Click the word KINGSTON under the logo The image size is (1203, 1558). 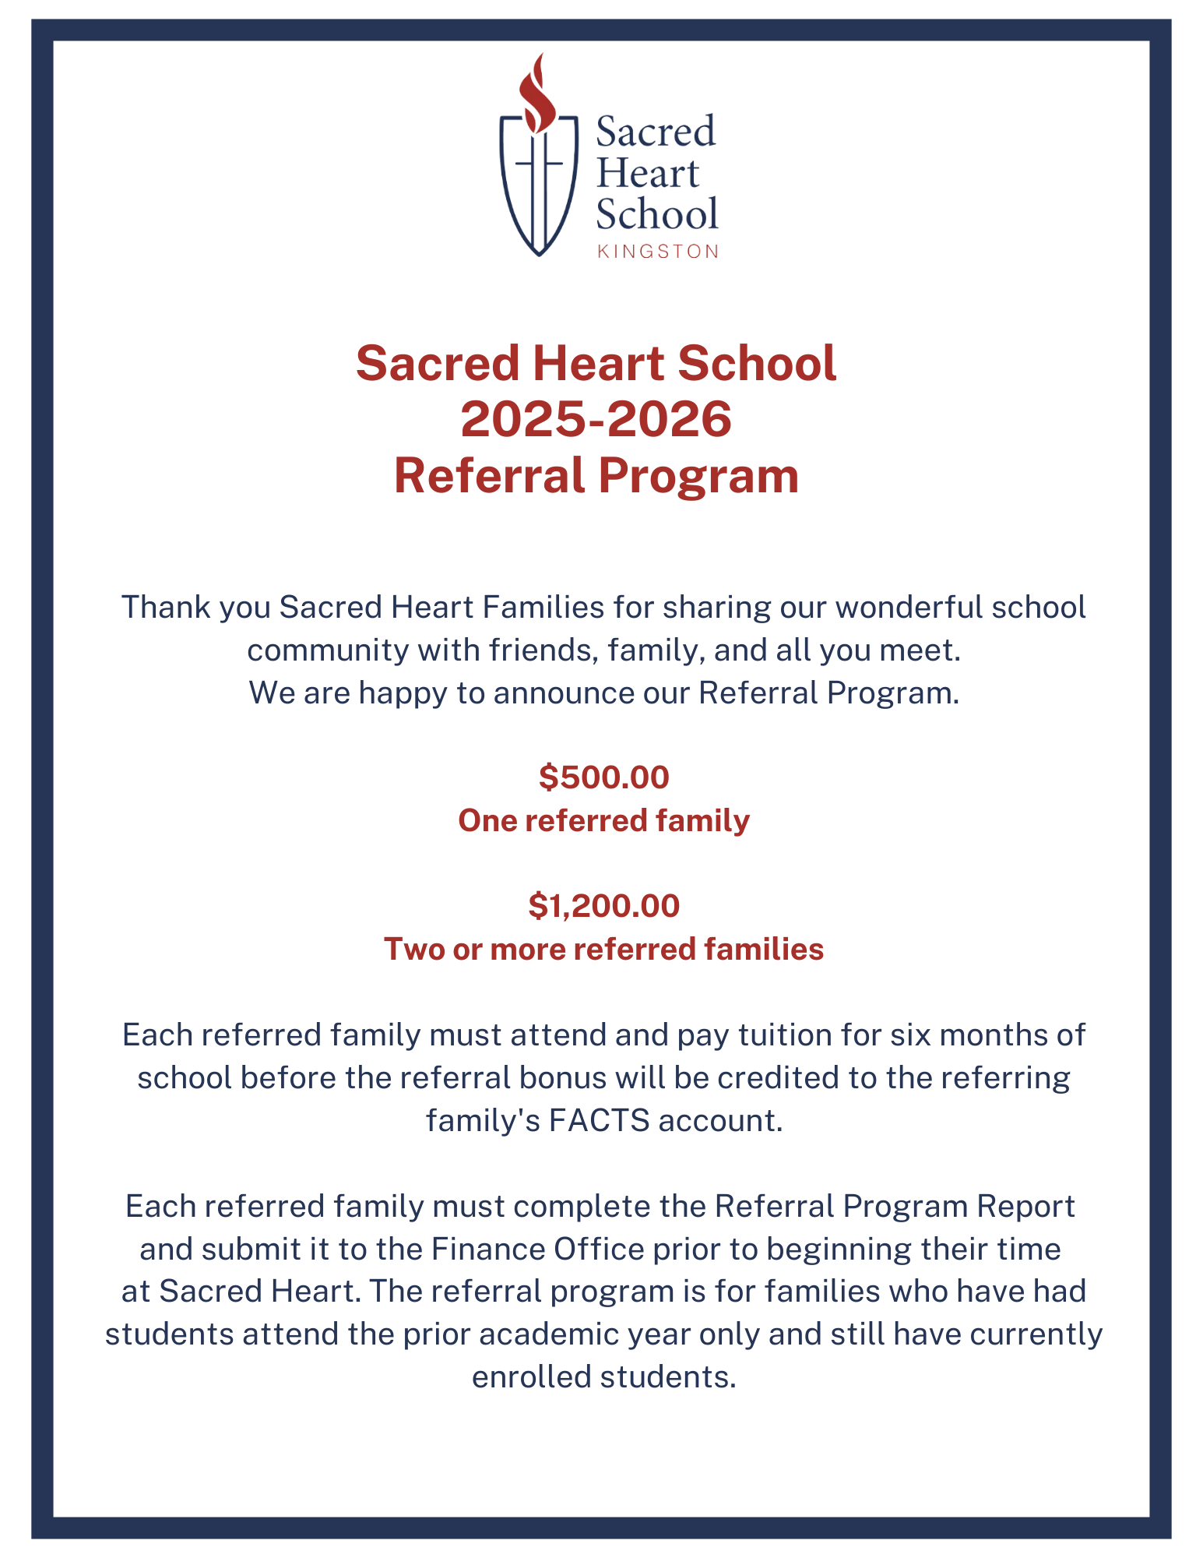click(657, 252)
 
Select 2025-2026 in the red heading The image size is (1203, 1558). click(596, 419)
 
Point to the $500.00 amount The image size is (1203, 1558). click(603, 777)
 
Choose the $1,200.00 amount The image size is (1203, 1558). click(603, 905)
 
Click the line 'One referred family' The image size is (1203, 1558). click(603, 820)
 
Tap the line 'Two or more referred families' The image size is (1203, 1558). click(603, 949)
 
